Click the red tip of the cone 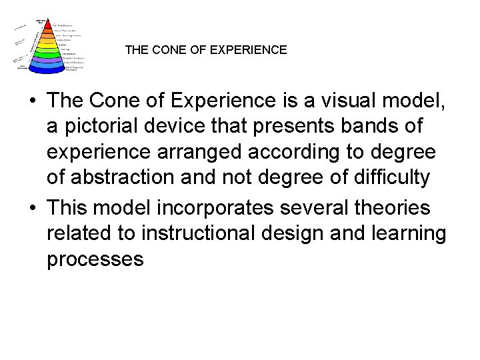point(48,26)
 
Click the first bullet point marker point(33,101)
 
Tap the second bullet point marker point(33,209)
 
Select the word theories point(393,209)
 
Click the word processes point(95,259)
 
